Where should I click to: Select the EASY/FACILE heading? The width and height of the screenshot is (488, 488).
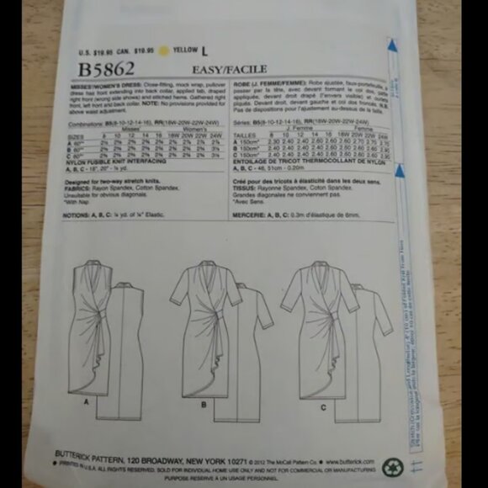tap(230, 68)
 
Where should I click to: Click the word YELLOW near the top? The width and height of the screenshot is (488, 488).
tap(188, 50)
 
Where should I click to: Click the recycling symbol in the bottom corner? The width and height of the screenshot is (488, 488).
tap(392, 468)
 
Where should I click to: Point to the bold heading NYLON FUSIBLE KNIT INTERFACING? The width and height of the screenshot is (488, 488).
tap(118, 166)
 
